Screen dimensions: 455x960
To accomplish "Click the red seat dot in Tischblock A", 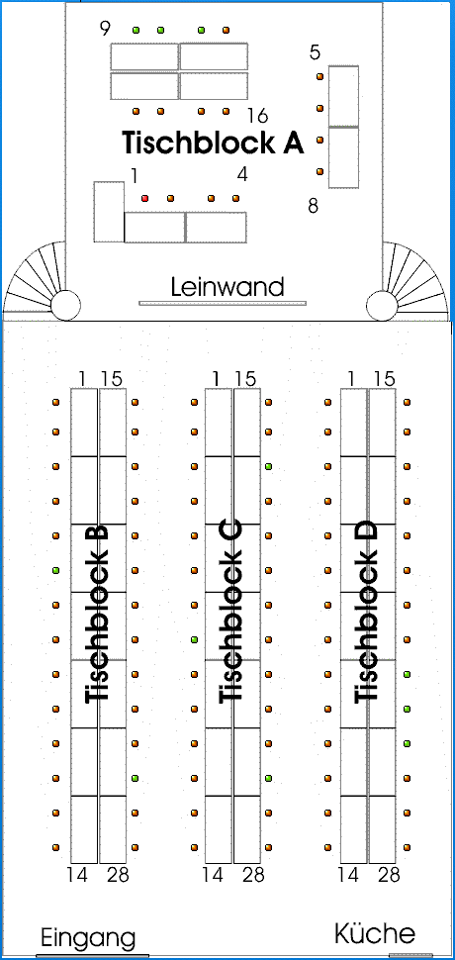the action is (145, 198).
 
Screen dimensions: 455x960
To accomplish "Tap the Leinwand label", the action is (227, 287).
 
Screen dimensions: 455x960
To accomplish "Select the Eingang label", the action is (88, 937).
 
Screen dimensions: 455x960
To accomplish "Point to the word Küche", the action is (375, 933).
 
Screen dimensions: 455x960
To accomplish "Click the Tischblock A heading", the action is (214, 143).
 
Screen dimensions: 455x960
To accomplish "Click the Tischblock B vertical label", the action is (97, 614).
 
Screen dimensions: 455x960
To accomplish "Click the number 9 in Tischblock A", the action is (106, 28).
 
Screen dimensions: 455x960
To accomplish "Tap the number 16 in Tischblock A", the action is (259, 115).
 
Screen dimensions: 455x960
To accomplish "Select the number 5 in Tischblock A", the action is (315, 52).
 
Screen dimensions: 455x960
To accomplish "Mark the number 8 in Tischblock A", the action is (314, 206).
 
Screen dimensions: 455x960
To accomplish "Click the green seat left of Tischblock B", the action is (56, 571).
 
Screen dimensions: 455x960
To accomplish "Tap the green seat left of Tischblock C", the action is (194, 639).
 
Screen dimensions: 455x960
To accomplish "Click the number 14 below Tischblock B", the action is (79, 875).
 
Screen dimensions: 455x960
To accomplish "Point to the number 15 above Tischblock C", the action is (244, 379).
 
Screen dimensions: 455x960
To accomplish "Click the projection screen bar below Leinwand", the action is (223, 303).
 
